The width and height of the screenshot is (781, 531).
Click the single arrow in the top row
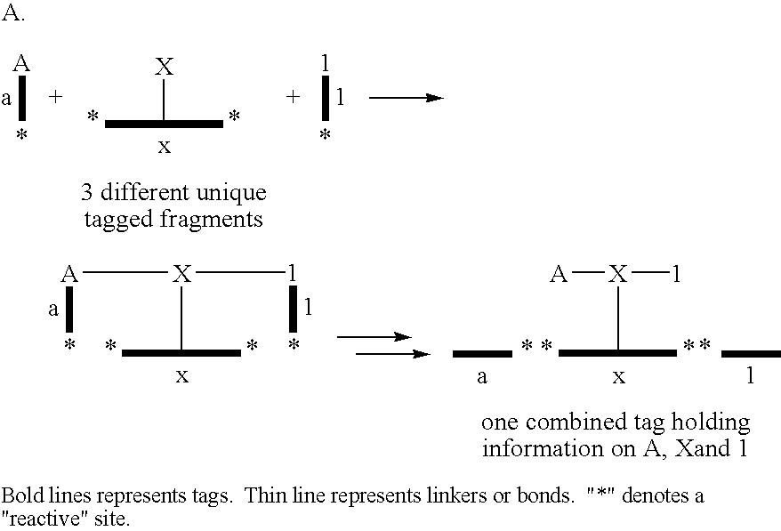coord(406,98)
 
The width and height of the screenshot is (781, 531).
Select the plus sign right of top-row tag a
coord(55,96)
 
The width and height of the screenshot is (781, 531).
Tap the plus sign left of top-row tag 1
coord(294,96)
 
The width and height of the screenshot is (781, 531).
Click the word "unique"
coord(231,193)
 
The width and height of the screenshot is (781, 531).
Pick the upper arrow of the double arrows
coord(374,337)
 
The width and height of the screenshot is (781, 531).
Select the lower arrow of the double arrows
coord(393,354)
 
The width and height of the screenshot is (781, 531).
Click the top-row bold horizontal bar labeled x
coord(164,124)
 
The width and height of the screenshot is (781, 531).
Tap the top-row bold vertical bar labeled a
coord(22,98)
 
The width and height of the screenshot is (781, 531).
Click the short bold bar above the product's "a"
coord(482,354)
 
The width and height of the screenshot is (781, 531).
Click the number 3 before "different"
coord(86,193)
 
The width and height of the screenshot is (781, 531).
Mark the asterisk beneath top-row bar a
coord(21,134)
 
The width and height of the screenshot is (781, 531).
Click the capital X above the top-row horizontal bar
coord(164,66)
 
